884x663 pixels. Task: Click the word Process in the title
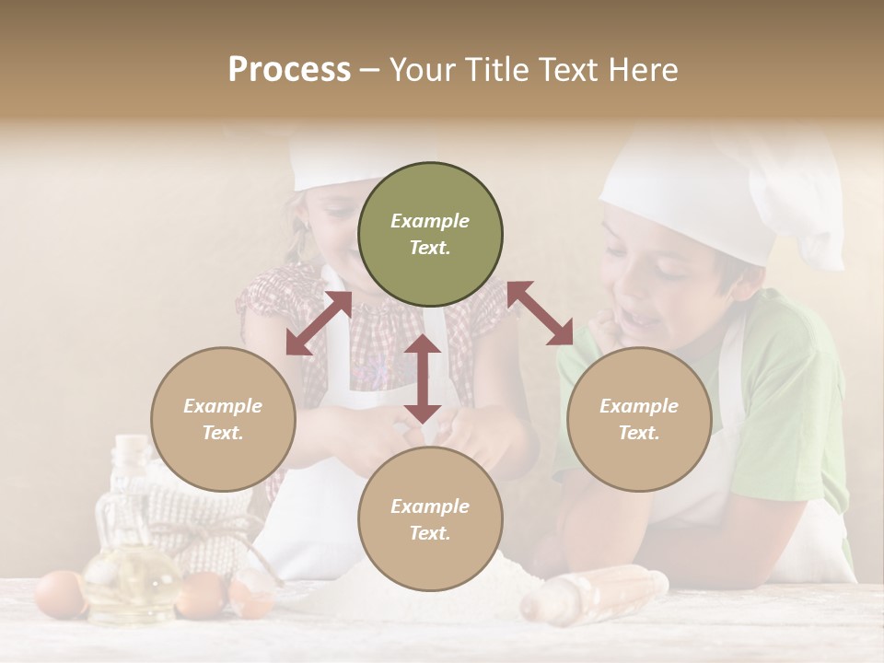point(289,70)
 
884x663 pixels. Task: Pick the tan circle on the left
point(223,419)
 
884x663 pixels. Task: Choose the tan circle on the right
point(639,419)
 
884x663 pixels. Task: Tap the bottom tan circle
point(430,519)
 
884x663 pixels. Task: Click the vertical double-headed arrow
point(423,378)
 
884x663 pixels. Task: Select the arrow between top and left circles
point(319,323)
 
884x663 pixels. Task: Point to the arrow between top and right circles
point(541,313)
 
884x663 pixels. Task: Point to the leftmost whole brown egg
point(60,593)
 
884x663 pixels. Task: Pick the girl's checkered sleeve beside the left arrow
point(267,299)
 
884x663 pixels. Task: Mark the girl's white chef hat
point(331,161)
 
